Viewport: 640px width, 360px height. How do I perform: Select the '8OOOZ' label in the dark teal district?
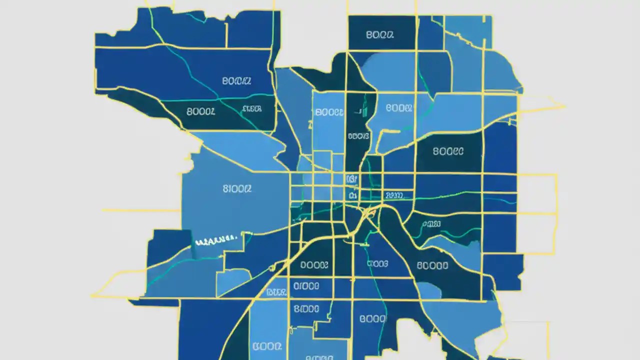pyautogui.click(x=200, y=112)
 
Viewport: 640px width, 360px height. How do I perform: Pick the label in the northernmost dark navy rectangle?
pyautogui.click(x=379, y=35)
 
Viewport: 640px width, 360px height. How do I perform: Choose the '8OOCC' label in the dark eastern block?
pyautogui.click(x=448, y=151)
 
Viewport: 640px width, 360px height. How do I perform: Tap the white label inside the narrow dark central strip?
pyautogui.click(x=358, y=135)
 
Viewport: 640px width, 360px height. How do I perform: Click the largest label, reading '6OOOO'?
pyautogui.click(x=432, y=266)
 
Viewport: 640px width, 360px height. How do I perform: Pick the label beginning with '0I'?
pyautogui.click(x=306, y=286)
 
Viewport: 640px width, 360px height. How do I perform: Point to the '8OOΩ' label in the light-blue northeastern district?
pyautogui.click(x=399, y=107)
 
